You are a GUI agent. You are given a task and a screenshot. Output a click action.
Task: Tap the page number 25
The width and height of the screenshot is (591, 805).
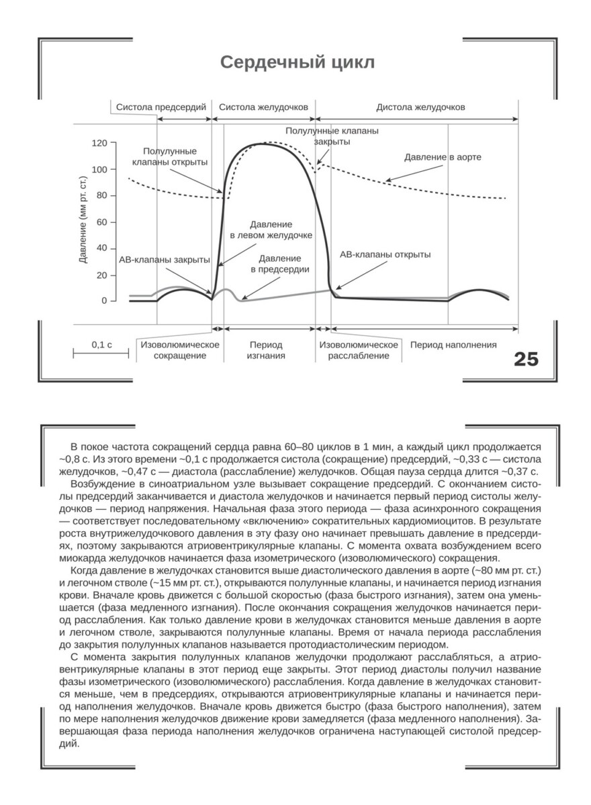tap(526, 359)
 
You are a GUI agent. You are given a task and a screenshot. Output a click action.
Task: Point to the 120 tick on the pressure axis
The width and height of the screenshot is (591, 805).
tap(99, 143)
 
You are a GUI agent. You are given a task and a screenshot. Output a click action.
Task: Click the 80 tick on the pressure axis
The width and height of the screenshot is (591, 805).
tap(102, 196)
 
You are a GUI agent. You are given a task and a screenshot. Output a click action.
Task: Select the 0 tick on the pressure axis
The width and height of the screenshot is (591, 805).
tap(104, 301)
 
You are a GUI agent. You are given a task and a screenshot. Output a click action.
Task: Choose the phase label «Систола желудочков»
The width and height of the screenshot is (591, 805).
tap(263, 107)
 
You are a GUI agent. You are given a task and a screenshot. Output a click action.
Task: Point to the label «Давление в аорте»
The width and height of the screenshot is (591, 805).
tap(443, 156)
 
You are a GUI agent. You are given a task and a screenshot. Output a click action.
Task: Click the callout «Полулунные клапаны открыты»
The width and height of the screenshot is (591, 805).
tap(169, 156)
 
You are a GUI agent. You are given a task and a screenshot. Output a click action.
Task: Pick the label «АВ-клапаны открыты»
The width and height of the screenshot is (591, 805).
tap(385, 255)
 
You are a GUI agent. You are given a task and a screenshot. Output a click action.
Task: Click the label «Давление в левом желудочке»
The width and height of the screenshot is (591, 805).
tap(271, 229)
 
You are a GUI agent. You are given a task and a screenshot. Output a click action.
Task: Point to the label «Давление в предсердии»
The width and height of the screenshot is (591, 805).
tap(279, 264)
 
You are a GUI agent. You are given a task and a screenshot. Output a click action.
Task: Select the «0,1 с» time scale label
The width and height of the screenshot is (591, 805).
tap(101, 345)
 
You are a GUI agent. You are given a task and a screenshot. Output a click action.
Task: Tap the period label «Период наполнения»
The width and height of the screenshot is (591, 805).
tap(454, 345)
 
